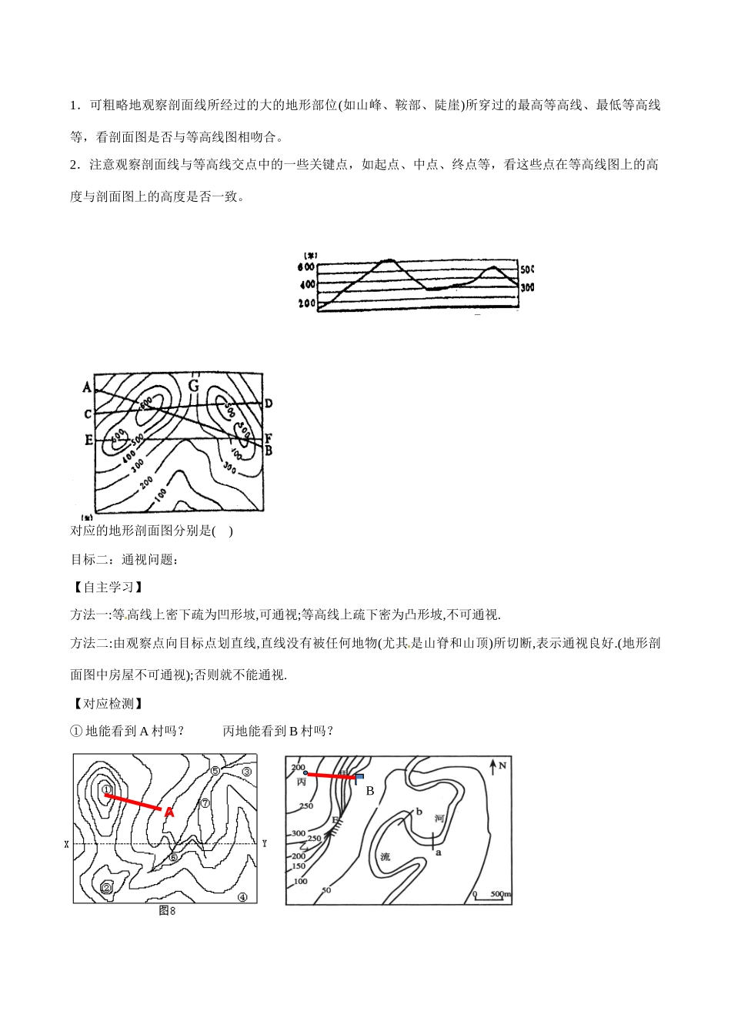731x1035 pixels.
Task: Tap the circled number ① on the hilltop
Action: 107,789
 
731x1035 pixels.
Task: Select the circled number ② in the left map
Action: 107,888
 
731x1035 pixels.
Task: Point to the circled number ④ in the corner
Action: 242,896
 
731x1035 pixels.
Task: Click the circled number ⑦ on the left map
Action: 205,802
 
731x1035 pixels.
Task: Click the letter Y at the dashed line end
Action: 264,844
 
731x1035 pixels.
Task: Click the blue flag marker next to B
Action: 359,777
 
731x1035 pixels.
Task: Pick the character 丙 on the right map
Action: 301,781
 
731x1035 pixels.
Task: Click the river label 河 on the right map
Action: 439,818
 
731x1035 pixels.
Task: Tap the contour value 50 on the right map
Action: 326,890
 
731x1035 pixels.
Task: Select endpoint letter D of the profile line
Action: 269,403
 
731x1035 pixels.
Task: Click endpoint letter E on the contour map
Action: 88,440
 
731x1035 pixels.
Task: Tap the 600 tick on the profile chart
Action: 305,267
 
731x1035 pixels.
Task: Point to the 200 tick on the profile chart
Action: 305,304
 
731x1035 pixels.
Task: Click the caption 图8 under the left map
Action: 167,910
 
